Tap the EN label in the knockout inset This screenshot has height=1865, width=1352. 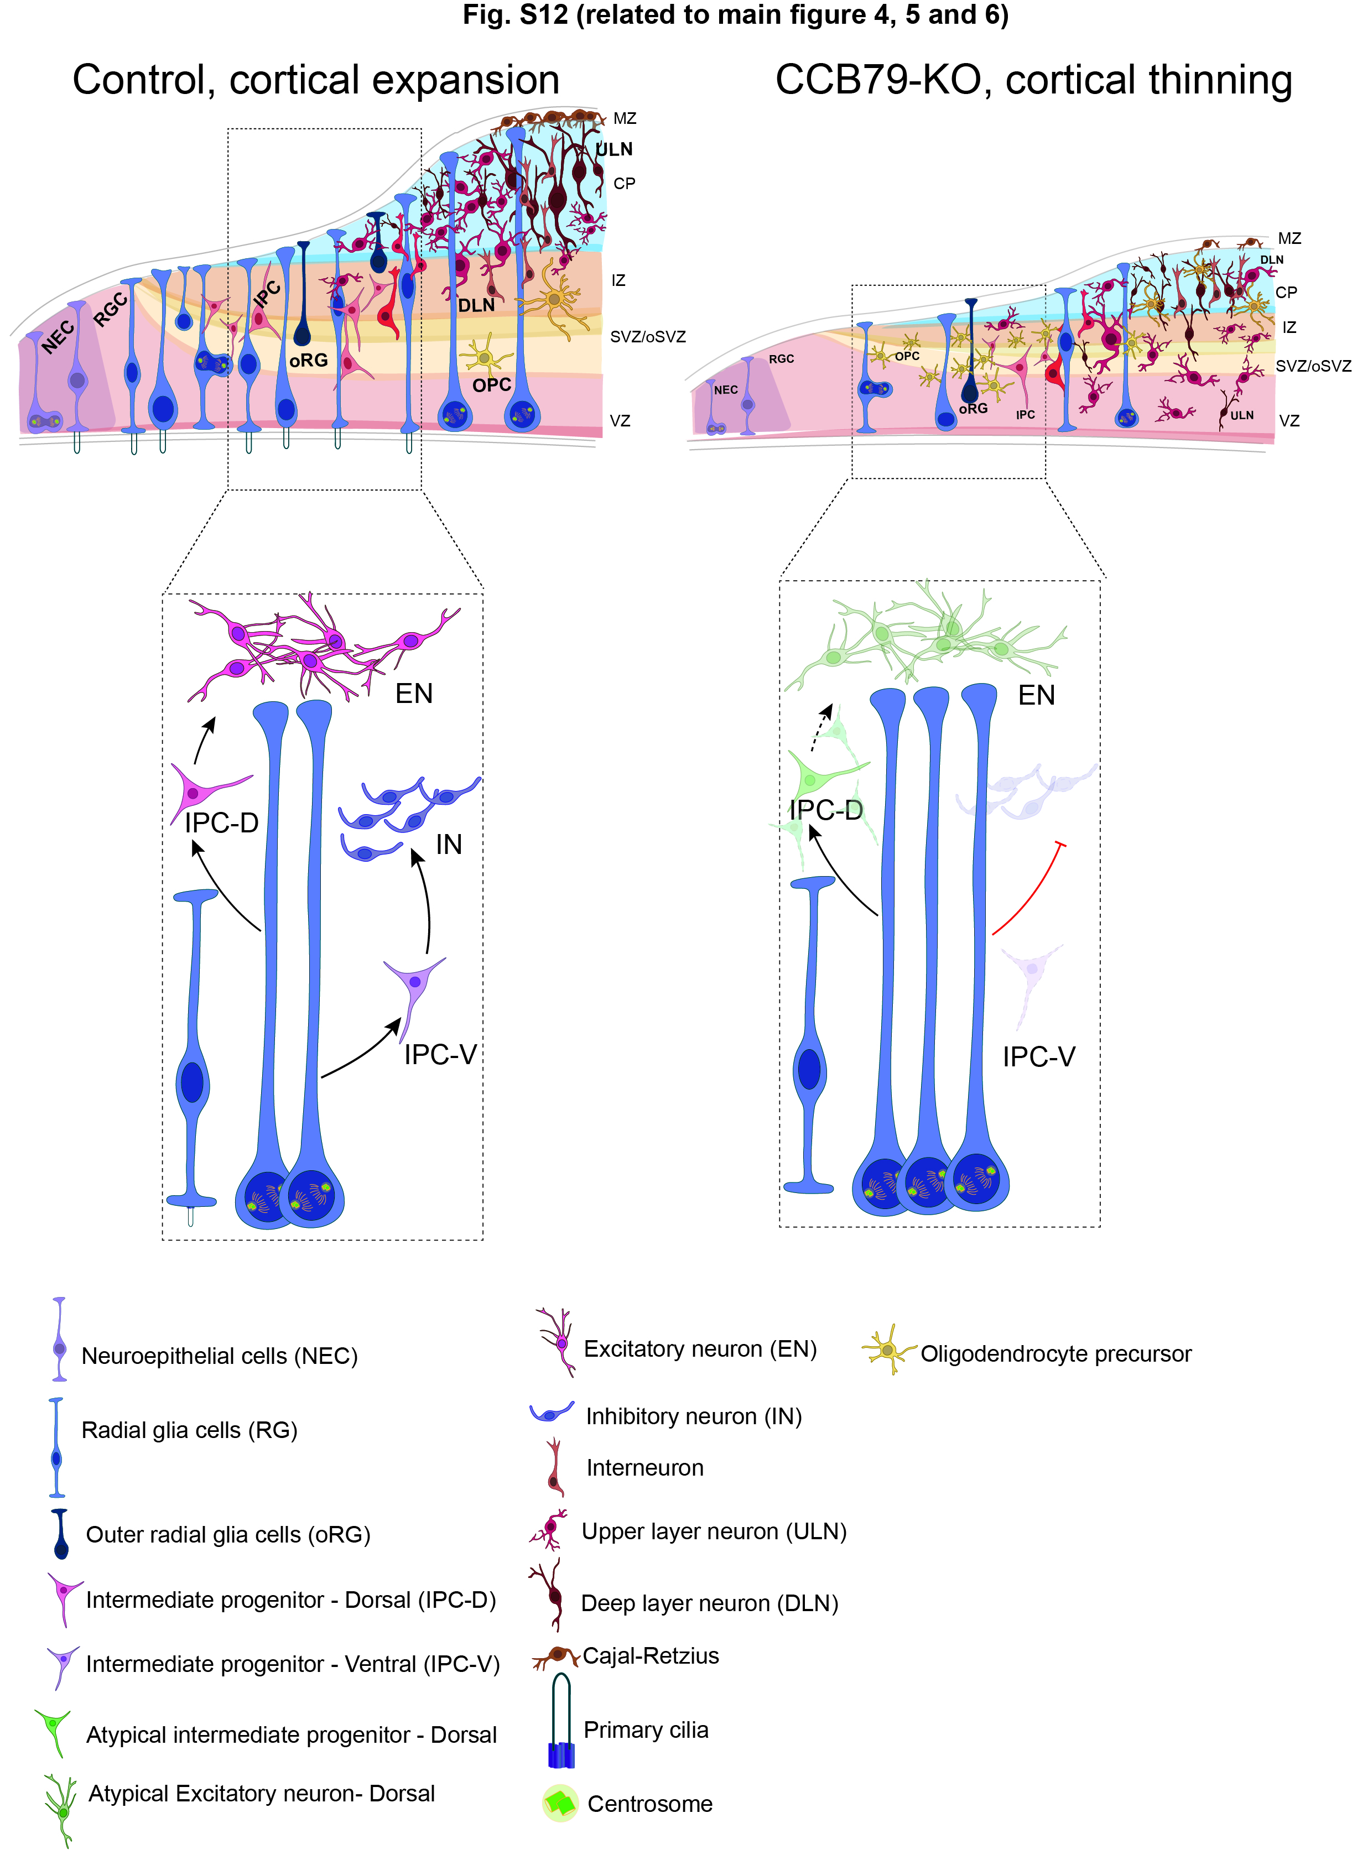[1036, 696]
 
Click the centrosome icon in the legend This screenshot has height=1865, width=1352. [560, 1803]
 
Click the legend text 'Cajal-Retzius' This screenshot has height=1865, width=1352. [651, 1655]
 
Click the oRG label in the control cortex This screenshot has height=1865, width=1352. [308, 360]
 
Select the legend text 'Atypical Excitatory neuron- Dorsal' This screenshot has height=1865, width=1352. [262, 1794]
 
